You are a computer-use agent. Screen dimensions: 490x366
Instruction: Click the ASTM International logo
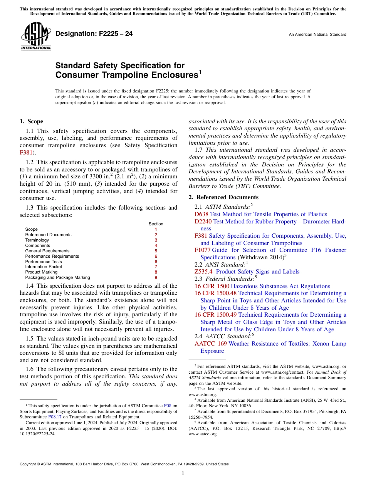(x=36, y=37)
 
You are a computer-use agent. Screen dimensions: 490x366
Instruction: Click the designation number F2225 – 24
(x=94, y=34)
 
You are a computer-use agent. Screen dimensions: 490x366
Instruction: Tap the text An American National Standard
(x=317, y=35)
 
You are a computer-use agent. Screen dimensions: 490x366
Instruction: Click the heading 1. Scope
(x=32, y=121)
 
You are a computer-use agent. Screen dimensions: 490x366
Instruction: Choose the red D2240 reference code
(x=203, y=222)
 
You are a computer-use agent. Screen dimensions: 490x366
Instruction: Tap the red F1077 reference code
(x=203, y=250)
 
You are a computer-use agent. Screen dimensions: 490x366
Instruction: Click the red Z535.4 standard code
(x=203, y=272)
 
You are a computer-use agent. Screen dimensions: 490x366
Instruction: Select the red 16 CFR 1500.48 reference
(x=216, y=293)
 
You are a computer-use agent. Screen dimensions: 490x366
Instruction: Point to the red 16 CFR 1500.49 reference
(x=216, y=315)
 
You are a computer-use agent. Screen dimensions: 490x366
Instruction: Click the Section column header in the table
(x=156, y=224)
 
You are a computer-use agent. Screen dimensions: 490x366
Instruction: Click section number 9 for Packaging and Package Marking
(x=156, y=277)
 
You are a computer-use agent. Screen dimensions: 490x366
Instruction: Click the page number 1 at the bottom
(x=183, y=473)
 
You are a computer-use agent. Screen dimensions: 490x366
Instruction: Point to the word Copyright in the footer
(x=28, y=464)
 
